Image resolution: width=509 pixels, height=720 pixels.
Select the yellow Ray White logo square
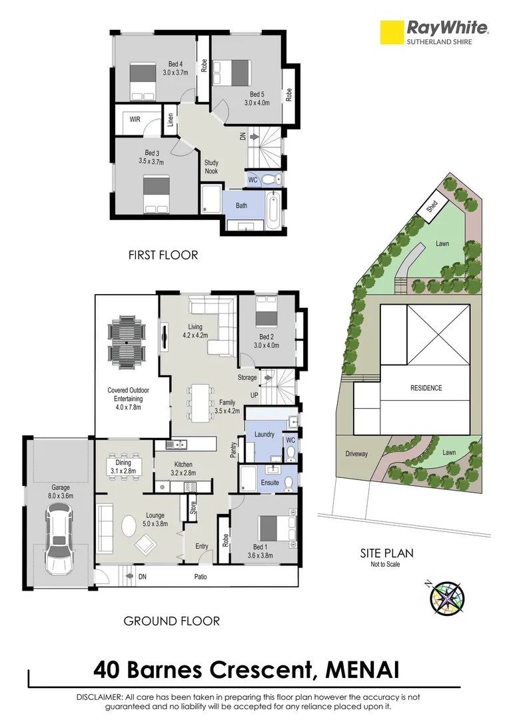point(392,32)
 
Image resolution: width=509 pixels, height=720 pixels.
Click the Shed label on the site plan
point(432,207)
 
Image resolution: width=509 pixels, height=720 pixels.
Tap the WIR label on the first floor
point(135,120)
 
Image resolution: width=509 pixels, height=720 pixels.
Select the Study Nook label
point(211,167)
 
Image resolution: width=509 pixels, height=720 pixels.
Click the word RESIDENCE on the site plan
point(425,387)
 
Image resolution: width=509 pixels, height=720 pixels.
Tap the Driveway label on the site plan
point(356,454)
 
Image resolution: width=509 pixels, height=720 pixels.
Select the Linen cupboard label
point(171,120)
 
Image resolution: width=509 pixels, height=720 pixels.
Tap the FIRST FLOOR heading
point(163,255)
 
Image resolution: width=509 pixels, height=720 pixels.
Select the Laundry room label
point(264,435)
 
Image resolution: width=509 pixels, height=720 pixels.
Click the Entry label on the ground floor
point(202,547)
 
